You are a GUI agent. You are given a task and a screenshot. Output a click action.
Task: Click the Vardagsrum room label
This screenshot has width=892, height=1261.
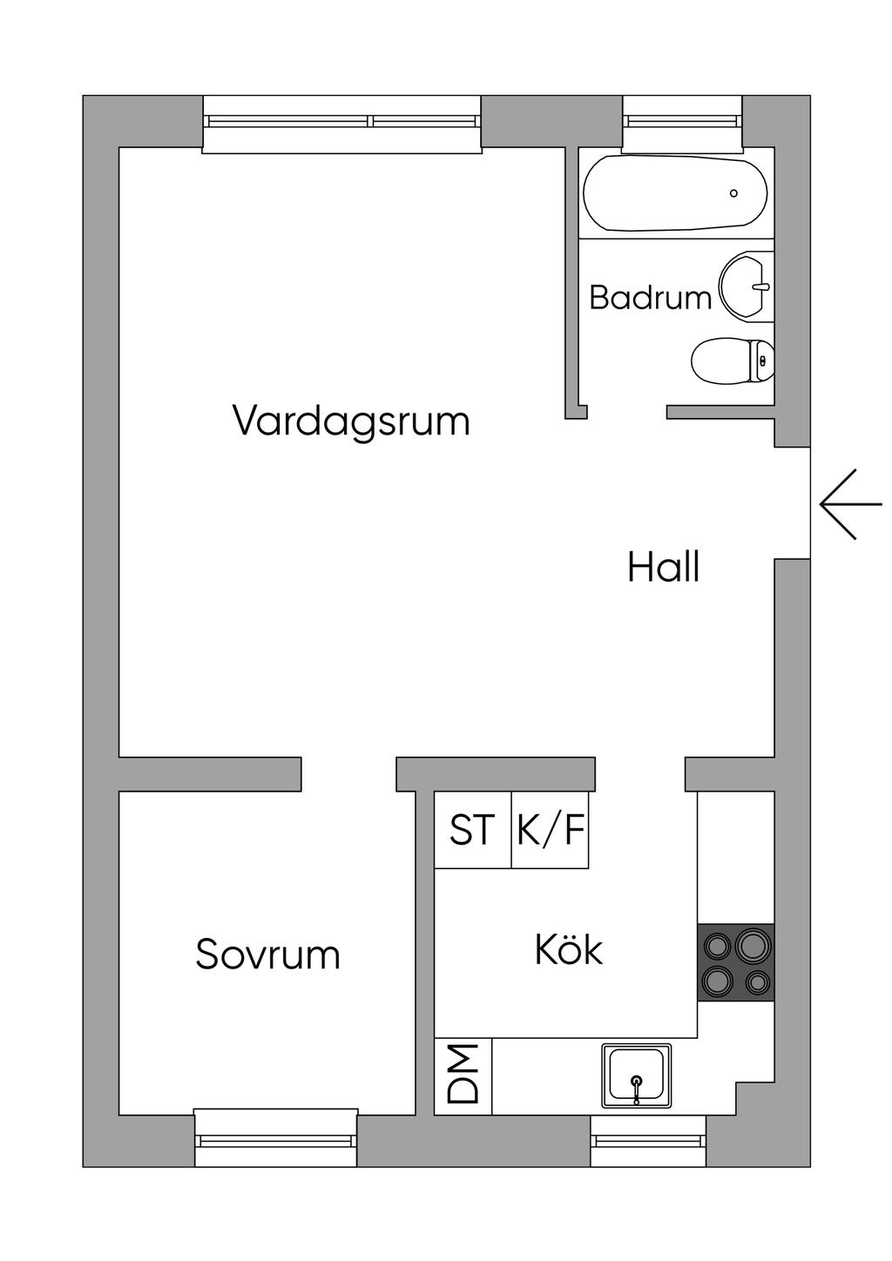[x=351, y=421]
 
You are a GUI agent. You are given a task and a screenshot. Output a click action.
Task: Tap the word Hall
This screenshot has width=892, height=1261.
[x=664, y=568]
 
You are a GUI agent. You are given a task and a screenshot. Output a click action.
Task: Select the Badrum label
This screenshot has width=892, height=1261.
[x=650, y=298]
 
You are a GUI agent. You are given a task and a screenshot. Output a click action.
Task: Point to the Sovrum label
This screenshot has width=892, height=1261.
[x=267, y=954]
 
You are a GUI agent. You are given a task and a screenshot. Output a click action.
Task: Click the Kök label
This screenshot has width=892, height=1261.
[x=569, y=950]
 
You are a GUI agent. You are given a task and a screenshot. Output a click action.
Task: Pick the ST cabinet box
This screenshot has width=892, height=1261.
[x=472, y=830]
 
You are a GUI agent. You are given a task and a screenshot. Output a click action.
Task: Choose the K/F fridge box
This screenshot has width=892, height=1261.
[x=550, y=830]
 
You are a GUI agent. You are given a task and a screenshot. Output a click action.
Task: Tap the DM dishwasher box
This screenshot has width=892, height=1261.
[x=463, y=1076]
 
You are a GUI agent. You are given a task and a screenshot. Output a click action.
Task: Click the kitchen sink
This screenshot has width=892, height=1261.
[x=636, y=1076]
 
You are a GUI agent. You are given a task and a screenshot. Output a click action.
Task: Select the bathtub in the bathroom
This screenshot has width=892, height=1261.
[x=675, y=193]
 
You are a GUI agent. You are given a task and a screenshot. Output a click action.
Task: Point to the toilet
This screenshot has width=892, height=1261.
[x=732, y=360]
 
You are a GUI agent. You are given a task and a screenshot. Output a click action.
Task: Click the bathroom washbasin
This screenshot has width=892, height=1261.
[x=746, y=286]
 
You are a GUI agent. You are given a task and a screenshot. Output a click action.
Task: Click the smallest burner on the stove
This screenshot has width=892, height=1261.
[x=757, y=982]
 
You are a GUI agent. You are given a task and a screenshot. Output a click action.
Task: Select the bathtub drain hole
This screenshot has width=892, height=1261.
[x=733, y=193]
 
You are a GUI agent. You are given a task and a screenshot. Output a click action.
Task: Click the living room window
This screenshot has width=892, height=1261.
[x=341, y=123]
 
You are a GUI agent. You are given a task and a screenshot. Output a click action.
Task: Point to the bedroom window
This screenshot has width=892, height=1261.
[x=276, y=1138]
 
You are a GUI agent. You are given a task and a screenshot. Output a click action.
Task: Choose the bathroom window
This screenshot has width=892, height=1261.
[x=682, y=123]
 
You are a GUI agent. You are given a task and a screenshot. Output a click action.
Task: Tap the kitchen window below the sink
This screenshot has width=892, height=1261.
[x=648, y=1140]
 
